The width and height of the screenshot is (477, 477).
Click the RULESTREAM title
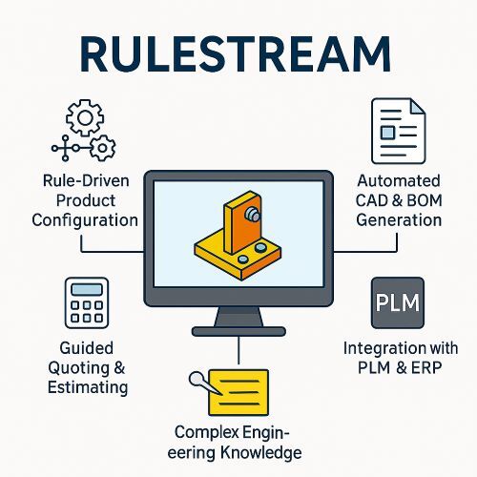click(x=236, y=54)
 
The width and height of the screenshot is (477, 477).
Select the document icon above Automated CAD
click(x=399, y=131)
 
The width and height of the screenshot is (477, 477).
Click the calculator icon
click(x=87, y=302)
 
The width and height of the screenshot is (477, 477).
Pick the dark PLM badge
click(x=398, y=302)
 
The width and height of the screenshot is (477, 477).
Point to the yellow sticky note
click(x=238, y=392)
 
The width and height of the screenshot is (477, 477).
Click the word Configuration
click(x=85, y=220)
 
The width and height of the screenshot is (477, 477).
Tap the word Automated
click(x=399, y=181)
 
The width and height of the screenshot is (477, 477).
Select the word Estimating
click(x=88, y=387)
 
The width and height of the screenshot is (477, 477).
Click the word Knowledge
click(x=261, y=453)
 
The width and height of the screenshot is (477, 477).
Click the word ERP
click(x=426, y=368)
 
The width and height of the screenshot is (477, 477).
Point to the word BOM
click(x=425, y=200)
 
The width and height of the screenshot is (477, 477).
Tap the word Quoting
click(x=79, y=368)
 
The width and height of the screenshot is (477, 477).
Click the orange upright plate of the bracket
click(x=242, y=222)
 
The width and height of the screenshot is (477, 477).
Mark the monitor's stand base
click(x=238, y=331)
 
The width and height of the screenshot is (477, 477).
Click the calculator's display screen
click(x=87, y=289)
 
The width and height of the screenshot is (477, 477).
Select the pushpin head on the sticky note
click(x=196, y=379)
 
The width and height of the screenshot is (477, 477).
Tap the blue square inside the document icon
click(x=387, y=133)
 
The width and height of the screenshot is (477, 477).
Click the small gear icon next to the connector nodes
click(x=102, y=148)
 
